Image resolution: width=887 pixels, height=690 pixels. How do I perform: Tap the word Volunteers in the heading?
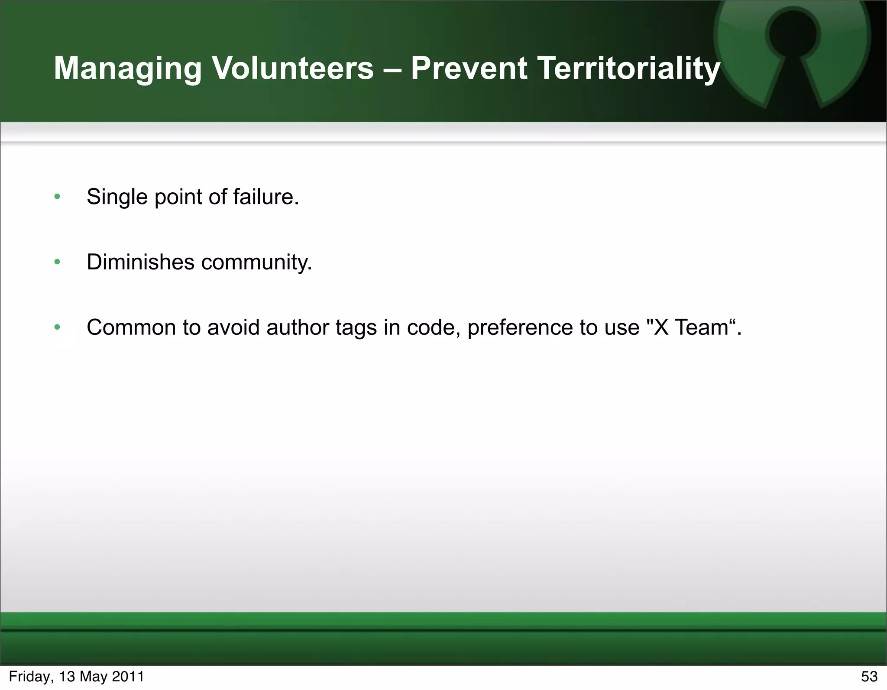pyautogui.click(x=292, y=68)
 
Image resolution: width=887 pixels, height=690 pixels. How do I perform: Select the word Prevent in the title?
pyautogui.click(x=469, y=68)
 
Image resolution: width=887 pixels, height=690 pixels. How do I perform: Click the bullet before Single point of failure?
pyautogui.click(x=57, y=197)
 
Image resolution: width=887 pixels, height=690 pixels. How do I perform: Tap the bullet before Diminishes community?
pyautogui.click(x=57, y=262)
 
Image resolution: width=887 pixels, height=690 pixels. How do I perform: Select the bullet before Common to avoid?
pyautogui.click(x=57, y=327)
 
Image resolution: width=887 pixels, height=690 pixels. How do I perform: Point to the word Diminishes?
pyautogui.click(x=140, y=262)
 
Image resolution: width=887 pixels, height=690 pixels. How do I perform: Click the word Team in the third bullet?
pyautogui.click(x=702, y=327)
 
